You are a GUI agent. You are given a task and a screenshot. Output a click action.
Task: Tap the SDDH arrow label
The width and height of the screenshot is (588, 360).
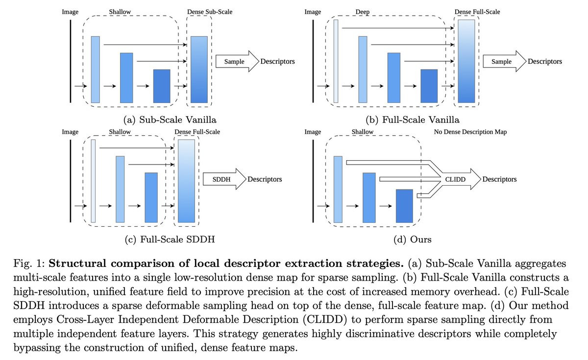(221, 179)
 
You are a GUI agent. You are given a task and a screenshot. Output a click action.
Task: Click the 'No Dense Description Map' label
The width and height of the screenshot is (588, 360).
(470, 132)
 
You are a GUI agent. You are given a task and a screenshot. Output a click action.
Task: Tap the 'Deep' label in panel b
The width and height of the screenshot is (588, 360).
(363, 12)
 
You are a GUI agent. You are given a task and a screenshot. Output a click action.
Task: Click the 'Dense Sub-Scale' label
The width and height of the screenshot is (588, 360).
(210, 12)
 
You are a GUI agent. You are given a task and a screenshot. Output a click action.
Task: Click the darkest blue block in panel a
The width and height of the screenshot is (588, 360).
(161, 86)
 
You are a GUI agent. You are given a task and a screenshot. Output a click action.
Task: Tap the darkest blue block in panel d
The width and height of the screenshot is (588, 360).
(405, 206)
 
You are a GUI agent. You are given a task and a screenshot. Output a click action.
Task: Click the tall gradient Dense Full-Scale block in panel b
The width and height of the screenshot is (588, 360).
(467, 62)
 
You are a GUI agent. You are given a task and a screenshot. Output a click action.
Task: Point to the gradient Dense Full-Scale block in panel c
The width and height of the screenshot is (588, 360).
(187, 182)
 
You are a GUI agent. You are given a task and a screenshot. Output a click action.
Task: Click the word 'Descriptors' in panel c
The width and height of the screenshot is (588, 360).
(265, 179)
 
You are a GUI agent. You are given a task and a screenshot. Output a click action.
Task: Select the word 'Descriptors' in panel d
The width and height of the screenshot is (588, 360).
(499, 179)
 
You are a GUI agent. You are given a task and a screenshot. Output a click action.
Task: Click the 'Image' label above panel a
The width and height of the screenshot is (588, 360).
(70, 12)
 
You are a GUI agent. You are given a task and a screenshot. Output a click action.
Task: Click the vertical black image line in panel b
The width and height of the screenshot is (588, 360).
(313, 62)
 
